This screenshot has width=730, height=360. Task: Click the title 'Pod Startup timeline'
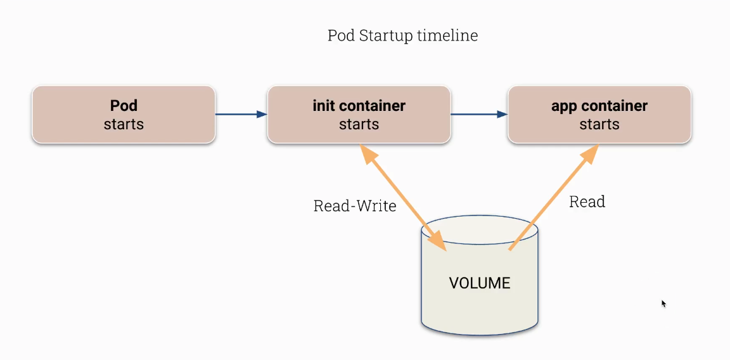tap(402, 35)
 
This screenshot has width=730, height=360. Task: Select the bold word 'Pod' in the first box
tap(124, 105)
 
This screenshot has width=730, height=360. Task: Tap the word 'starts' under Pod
tap(124, 124)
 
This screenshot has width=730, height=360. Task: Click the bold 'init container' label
tap(359, 105)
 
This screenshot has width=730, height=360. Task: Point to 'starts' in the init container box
tap(359, 124)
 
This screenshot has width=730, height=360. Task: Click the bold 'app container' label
tap(599, 105)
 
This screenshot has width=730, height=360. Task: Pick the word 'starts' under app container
tap(599, 124)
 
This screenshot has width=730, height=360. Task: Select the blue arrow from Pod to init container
tap(241, 115)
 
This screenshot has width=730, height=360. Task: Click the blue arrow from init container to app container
tap(478, 115)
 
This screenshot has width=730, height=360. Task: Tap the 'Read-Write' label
tap(355, 206)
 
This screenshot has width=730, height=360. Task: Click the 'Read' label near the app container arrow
tap(587, 202)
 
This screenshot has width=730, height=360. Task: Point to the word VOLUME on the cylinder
tap(480, 283)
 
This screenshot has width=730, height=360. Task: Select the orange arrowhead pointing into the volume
tap(438, 241)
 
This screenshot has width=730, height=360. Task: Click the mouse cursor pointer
tap(663, 303)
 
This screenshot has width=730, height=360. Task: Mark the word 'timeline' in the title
tap(448, 35)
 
